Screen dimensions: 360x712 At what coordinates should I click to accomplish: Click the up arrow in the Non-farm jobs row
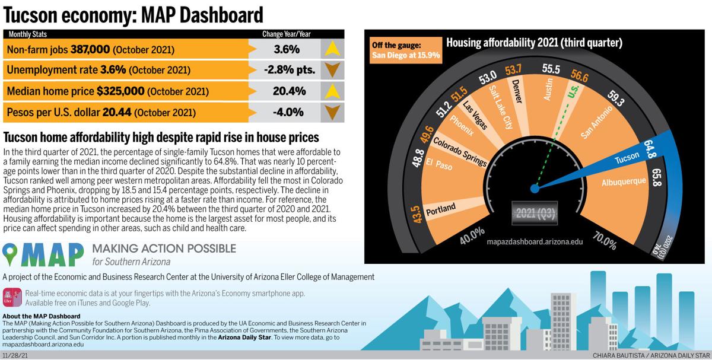pyautogui.click(x=332, y=49)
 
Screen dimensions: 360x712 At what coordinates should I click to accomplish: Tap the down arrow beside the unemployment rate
pyautogui.click(x=332, y=70)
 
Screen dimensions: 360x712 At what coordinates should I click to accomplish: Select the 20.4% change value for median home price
pyautogui.click(x=285, y=91)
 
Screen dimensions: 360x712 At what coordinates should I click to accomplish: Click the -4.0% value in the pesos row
pyautogui.click(x=284, y=112)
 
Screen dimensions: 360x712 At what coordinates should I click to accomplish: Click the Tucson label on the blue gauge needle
pyautogui.click(x=627, y=158)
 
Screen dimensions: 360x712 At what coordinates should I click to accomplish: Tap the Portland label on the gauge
pyautogui.click(x=441, y=208)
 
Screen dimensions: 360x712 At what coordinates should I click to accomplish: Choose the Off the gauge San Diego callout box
pyautogui.click(x=405, y=50)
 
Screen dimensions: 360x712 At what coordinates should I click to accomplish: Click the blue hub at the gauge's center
pyautogui.click(x=534, y=189)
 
